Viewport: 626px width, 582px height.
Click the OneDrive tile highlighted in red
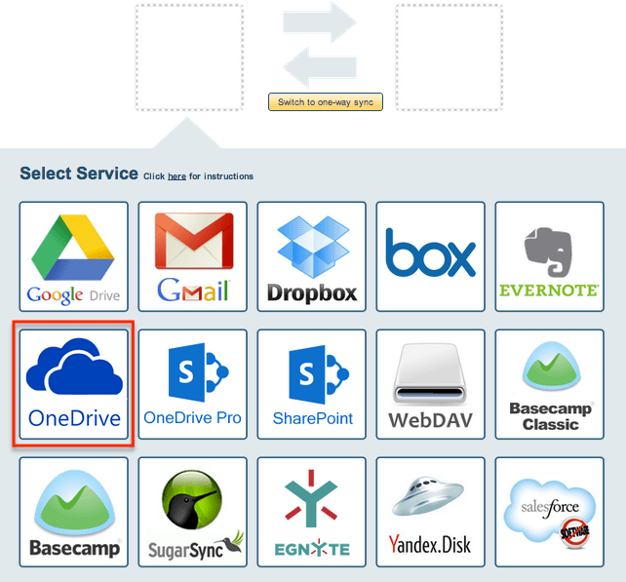coord(74,384)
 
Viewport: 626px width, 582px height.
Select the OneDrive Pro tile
coord(193,384)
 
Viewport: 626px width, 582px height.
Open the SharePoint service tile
coord(312,384)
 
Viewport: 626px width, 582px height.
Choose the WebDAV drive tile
coord(431,384)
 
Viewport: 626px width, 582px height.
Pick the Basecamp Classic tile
coord(549,384)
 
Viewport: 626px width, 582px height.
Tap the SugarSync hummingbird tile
coord(193,512)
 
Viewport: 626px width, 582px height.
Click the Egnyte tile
coord(312,512)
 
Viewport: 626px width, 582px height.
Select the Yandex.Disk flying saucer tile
coord(431,512)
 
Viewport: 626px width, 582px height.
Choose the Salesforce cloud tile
coord(549,512)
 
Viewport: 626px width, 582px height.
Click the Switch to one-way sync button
coord(326,102)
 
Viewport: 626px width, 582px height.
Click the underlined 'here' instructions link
coord(176,176)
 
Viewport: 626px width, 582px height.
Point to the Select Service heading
coord(79,174)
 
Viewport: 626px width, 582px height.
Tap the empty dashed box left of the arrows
coord(189,57)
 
